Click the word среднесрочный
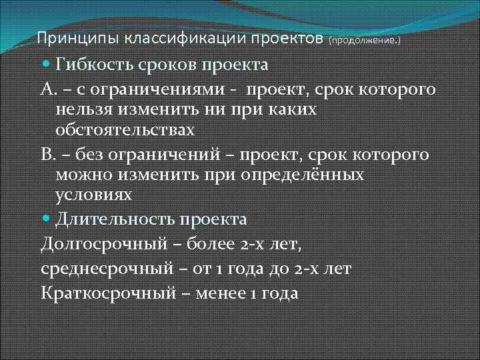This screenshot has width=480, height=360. [105, 269]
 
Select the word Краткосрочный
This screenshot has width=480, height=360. [108, 293]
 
